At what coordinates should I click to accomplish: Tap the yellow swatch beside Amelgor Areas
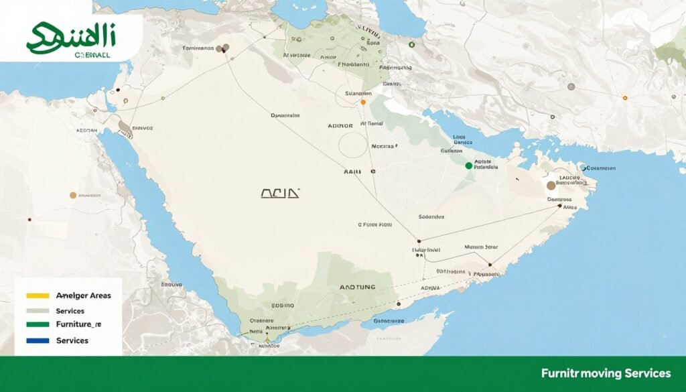(38, 295)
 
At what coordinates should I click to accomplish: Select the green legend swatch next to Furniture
(38, 324)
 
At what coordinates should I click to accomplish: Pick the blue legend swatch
(38, 340)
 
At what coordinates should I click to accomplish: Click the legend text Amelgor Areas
(84, 295)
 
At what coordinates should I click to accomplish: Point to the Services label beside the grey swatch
(70, 311)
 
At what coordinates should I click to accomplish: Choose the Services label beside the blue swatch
(72, 340)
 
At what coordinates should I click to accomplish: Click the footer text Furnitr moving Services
(606, 373)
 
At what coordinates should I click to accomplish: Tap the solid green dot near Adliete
(468, 165)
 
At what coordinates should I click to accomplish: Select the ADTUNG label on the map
(358, 286)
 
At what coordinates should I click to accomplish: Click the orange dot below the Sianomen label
(363, 103)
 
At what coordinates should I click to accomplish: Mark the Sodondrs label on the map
(431, 216)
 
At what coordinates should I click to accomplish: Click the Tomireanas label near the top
(198, 48)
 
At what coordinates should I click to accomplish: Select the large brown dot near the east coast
(551, 186)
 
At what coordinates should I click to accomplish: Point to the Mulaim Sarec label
(481, 247)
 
